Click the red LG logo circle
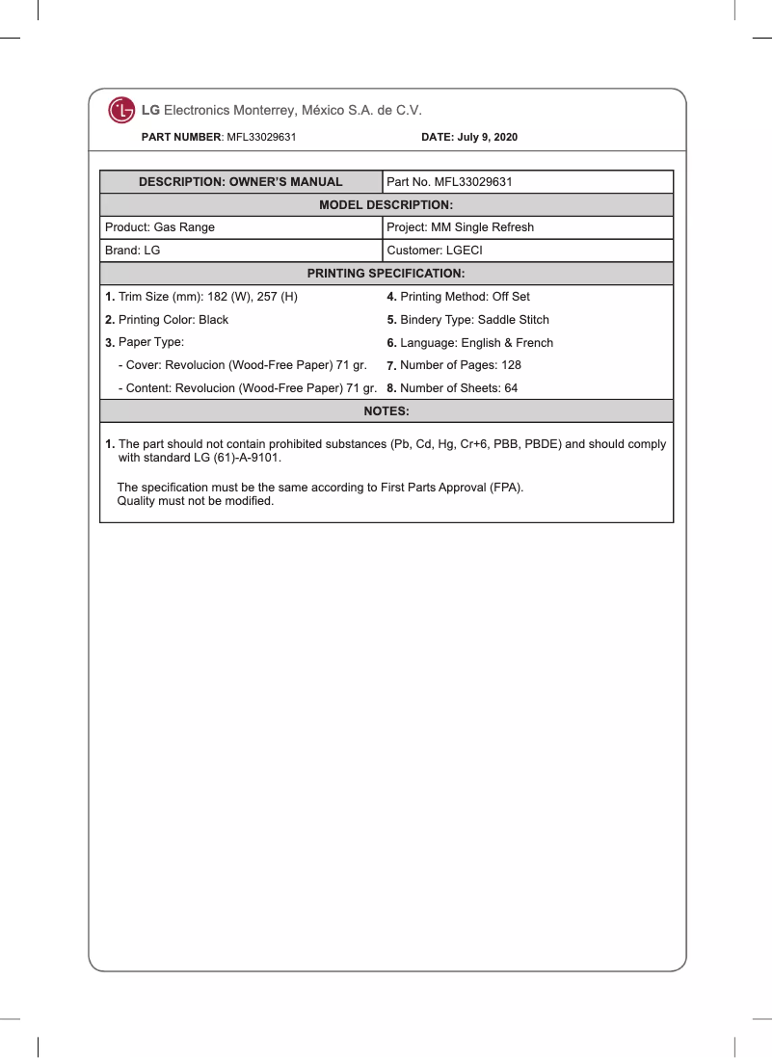click(121, 111)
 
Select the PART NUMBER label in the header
click(181, 138)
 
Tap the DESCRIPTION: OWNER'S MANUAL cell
click(241, 182)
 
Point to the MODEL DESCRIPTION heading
click(386, 205)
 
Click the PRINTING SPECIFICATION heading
click(386, 274)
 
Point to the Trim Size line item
click(201, 297)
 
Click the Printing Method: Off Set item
click(459, 297)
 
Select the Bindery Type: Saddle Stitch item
click(468, 320)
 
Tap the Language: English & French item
click(470, 343)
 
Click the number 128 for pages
click(511, 366)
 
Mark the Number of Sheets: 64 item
click(453, 389)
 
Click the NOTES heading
click(386, 411)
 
